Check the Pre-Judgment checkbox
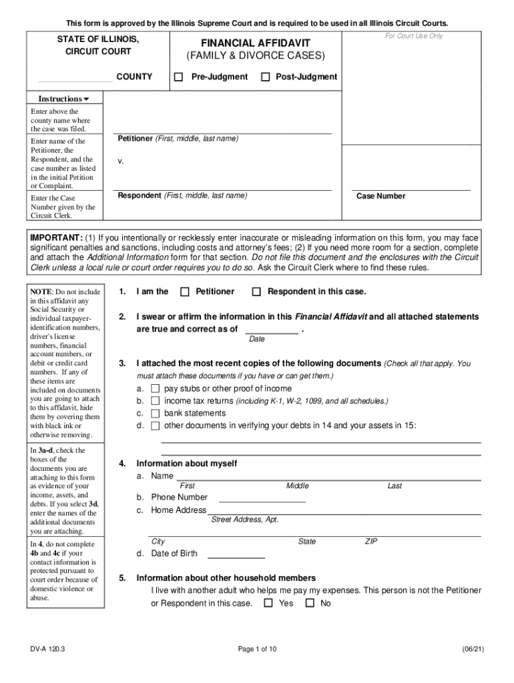[x=178, y=77]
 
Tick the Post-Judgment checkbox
[x=265, y=77]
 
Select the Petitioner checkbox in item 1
[x=185, y=291]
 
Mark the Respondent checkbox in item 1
[x=256, y=291]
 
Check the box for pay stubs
[x=155, y=388]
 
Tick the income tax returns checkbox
[x=155, y=401]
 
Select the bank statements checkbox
[x=155, y=414]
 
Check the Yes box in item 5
[x=268, y=603]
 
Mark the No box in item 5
[x=310, y=603]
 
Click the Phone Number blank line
[x=262, y=498]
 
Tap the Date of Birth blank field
[x=236, y=554]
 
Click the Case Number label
[x=380, y=196]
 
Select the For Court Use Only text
[x=413, y=35]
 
